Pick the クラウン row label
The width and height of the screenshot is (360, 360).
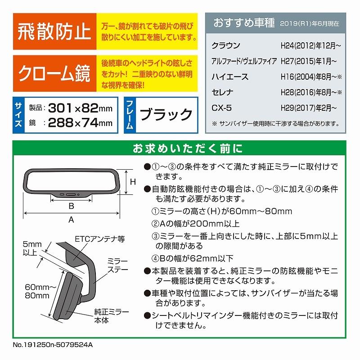point(226,46)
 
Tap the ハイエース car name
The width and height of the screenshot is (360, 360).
point(229,77)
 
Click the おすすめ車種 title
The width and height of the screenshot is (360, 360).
point(244,22)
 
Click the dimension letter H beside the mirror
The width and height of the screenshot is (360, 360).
point(133,182)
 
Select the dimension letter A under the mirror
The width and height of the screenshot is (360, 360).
point(71,220)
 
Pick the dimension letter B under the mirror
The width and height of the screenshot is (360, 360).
point(71,206)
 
